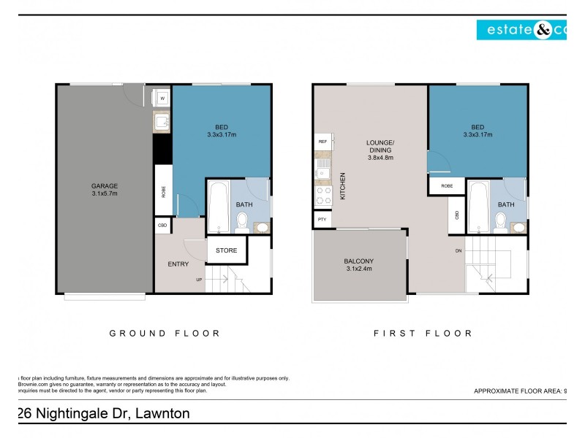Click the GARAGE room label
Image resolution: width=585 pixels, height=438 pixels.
pos(105,185)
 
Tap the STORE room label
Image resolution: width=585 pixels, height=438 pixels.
pos(226,250)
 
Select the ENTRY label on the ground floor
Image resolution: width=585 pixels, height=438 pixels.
pos(178,264)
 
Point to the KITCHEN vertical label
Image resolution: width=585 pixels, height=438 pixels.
pos(343,186)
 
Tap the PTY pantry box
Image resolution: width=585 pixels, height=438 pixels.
pos(322,219)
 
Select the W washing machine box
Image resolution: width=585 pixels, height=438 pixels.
pos(162,97)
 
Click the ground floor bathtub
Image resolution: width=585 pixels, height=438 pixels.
pos(219,207)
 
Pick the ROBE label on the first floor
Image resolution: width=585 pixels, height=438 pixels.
pos(446,186)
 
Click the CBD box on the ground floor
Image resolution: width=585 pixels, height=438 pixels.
pos(162,226)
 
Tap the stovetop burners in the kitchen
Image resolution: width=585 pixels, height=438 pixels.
pos(322,196)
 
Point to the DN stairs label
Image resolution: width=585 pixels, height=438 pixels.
pos(458,251)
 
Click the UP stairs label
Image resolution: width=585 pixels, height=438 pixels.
pos(199,280)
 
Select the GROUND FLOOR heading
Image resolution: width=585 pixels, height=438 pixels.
pos(165,333)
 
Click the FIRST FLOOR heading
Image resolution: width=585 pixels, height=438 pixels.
pos(423,333)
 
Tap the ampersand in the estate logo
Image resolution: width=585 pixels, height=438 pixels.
pos(545,29)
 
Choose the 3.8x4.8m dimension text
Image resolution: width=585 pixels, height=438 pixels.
pos(380,157)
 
